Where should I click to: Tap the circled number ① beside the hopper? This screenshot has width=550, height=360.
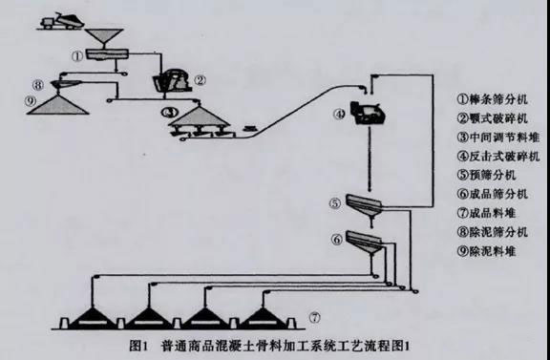pyautogui.click(x=75, y=55)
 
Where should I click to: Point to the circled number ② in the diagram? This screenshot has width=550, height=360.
pyautogui.click(x=200, y=80)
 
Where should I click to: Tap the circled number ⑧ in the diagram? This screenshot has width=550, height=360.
pyautogui.click(x=37, y=83)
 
